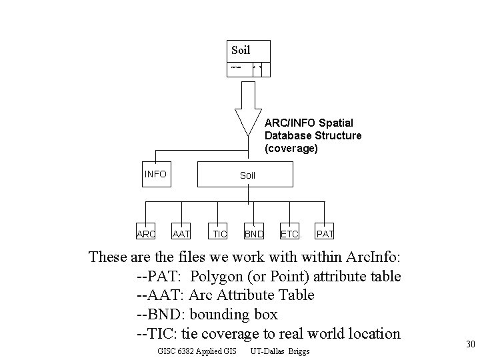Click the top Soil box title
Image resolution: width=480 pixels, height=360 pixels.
tap(241, 50)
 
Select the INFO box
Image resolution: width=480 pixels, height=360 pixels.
tap(155, 175)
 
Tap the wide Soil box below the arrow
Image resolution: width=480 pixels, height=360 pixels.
tap(247, 175)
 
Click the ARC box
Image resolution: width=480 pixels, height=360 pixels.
tap(145, 233)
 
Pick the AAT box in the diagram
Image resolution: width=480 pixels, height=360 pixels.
tap(181, 233)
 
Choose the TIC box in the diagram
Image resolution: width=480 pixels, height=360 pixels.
tap(219, 233)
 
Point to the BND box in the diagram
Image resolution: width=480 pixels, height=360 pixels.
tap(253, 233)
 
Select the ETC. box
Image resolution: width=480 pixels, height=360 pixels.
tap(291, 233)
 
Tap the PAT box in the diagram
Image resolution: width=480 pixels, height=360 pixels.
tap(325, 233)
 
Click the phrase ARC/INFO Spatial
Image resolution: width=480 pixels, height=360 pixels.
tap(309, 123)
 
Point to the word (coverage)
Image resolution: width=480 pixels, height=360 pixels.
tap(291, 148)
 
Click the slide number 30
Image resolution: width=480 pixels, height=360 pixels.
tap(469, 345)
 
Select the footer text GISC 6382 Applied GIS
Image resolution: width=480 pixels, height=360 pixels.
tap(197, 351)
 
